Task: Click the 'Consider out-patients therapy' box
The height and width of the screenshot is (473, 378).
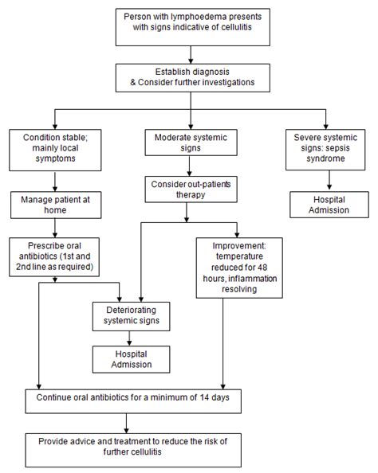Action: click(x=189, y=190)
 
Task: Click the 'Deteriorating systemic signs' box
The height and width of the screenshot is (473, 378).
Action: click(x=132, y=315)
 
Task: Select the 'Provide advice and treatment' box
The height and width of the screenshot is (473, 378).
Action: click(x=189, y=445)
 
